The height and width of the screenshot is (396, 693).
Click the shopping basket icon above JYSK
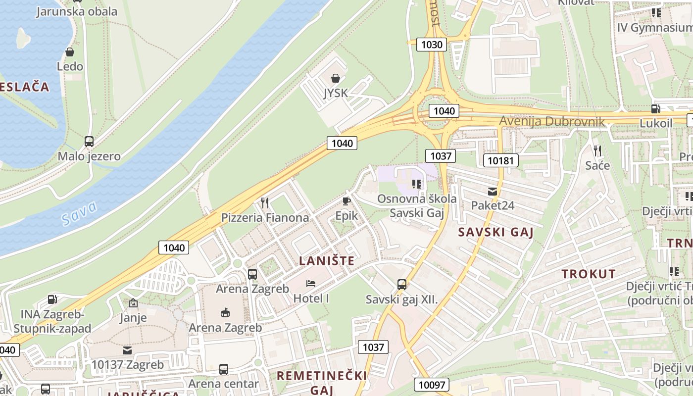336,78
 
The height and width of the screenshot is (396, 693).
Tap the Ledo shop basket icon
70,51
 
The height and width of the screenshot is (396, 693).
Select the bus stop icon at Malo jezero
89,142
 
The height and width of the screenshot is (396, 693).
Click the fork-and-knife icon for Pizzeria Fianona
265,202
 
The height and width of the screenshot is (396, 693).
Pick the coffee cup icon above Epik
346,201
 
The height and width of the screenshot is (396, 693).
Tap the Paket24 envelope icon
492,191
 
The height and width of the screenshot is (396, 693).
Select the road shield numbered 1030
431,45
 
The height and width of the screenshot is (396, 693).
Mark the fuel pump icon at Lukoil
656,108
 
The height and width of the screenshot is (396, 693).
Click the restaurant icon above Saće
597,150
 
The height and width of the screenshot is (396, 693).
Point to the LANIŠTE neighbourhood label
327,261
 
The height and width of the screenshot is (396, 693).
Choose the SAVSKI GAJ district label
495,232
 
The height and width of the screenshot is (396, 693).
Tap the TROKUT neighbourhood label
589,274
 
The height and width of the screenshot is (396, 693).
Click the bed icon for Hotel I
311,284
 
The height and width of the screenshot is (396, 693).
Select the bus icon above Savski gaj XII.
402,285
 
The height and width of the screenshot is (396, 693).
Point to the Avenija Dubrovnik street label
551,121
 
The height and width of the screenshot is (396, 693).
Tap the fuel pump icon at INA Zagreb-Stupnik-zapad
52,299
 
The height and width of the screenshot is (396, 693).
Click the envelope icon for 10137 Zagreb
127,350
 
